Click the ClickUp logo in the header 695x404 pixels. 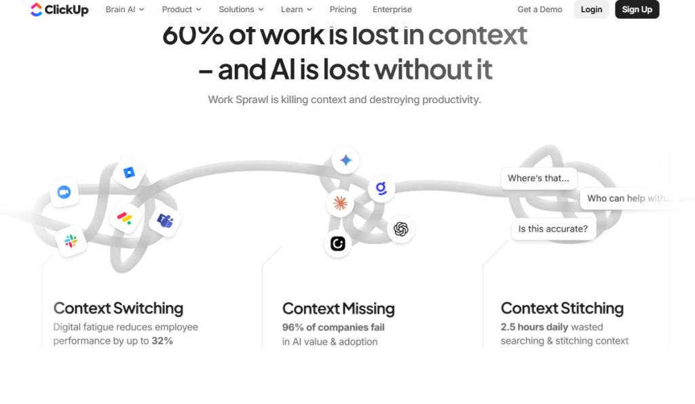[60, 10]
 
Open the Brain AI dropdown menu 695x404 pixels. [125, 10]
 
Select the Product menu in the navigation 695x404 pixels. [182, 10]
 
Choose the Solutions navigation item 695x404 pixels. [241, 10]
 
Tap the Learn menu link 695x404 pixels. [297, 10]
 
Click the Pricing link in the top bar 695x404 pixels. [343, 10]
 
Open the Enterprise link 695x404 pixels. [392, 10]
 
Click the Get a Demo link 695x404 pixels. [540, 10]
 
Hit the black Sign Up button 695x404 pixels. [637, 10]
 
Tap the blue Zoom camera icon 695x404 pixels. [64, 192]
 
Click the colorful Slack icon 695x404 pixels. [71, 241]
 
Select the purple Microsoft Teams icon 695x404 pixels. [165, 221]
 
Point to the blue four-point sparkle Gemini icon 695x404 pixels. [345, 160]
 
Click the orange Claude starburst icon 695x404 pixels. [340, 204]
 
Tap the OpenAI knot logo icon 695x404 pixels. [400, 229]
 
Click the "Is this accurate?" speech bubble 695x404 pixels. [553, 229]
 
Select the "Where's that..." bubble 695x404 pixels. [538, 179]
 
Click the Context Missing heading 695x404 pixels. [338, 309]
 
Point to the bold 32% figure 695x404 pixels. [162, 341]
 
